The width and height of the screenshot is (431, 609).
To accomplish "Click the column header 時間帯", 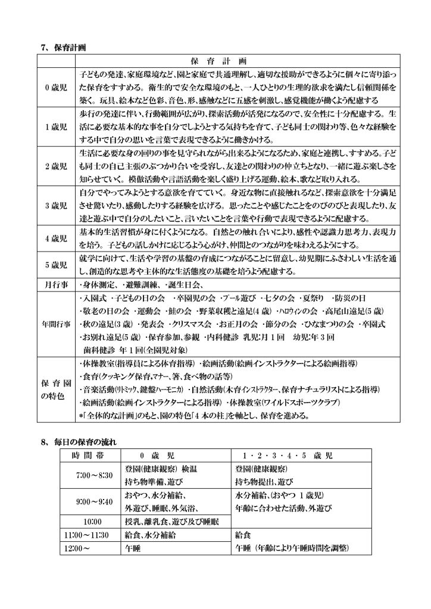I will tap(90, 456).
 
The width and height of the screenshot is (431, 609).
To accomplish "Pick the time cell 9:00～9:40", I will tap(90, 501).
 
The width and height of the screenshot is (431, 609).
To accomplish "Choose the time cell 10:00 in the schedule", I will tap(90, 522).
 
